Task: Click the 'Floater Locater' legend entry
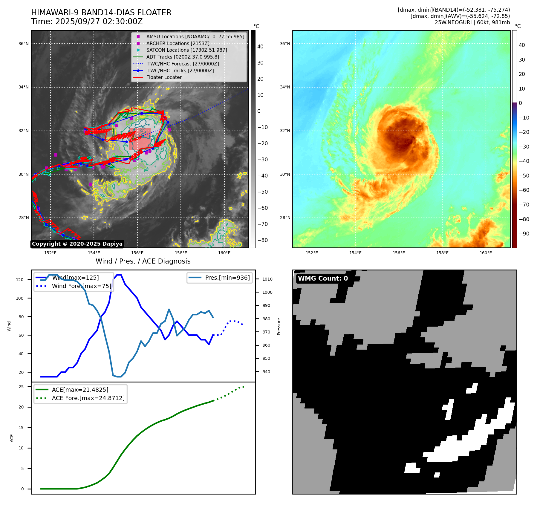coord(164,77)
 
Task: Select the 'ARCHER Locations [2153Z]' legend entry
coord(178,43)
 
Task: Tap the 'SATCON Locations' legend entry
coord(186,50)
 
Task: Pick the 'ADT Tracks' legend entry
coord(183,57)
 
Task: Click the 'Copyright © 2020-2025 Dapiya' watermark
coord(77,244)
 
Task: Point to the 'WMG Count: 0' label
coord(323,278)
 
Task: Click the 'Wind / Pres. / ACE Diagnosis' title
coord(143,261)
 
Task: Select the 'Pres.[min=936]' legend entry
coord(227,278)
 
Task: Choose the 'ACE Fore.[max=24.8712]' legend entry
coord(88,398)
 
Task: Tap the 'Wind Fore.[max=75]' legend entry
coord(81,286)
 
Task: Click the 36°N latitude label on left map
coord(24,44)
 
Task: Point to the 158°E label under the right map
coord(442,253)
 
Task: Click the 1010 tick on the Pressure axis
coord(267,279)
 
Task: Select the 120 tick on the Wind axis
coord(20,280)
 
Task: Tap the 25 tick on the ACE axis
coord(21,387)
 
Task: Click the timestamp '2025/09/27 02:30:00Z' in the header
coord(99,22)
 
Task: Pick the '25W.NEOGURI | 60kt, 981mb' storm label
coord(472,22)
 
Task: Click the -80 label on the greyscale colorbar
coord(263,240)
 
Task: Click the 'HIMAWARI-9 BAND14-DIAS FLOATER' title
coord(101,13)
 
